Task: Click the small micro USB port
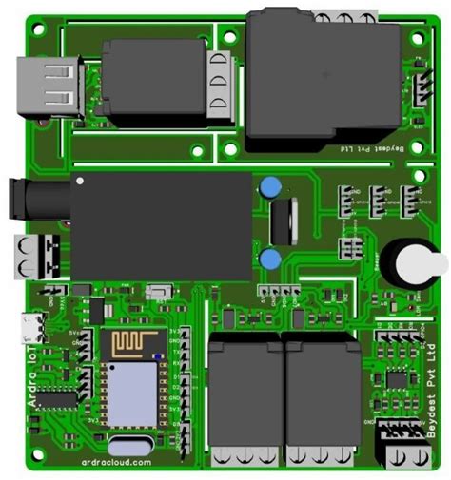coord(34,328)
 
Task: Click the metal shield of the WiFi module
coord(130,391)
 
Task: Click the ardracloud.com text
coord(117,463)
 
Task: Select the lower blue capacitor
coord(270,258)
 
